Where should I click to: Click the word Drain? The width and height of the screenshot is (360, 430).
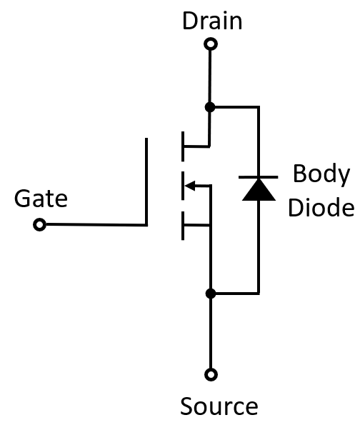click(212, 21)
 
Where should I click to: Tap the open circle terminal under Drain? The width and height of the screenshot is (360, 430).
click(211, 44)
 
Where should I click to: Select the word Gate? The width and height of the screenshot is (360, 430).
click(41, 198)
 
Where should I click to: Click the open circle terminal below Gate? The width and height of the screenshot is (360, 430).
click(39, 224)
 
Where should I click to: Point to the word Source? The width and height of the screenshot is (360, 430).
click(219, 406)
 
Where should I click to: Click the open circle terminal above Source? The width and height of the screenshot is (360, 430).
click(211, 374)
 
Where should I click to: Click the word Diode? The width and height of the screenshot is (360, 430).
click(321, 207)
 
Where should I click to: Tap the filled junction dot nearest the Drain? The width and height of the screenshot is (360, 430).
click(210, 107)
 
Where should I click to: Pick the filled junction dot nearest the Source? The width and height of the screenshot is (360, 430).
click(211, 294)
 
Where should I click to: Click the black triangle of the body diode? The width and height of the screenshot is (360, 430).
click(259, 189)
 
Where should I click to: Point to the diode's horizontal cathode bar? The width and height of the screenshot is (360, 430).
click(259, 177)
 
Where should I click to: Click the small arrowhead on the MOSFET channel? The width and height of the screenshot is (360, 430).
click(190, 186)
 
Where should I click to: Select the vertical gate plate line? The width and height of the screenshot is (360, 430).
click(146, 182)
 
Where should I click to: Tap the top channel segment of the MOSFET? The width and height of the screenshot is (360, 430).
click(183, 146)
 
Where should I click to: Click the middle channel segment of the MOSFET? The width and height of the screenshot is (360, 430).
click(183, 186)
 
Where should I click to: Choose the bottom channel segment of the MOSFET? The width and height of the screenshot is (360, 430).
click(183, 226)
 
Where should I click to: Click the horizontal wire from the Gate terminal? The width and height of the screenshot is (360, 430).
click(96, 225)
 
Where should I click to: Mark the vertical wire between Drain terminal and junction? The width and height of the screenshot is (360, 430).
click(210, 76)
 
